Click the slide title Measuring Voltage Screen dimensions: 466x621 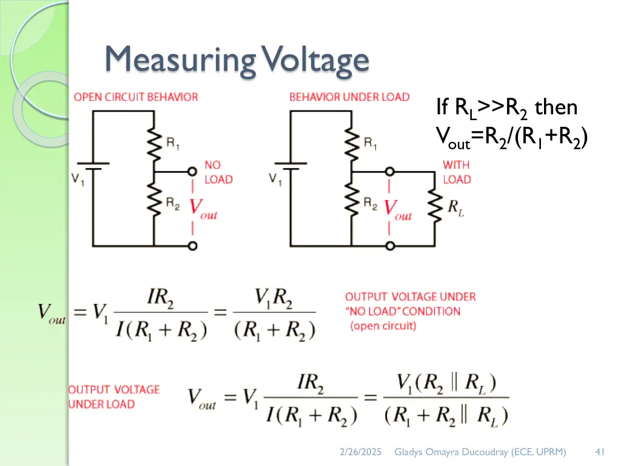[x=237, y=61]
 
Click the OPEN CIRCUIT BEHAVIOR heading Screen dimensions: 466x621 [x=136, y=97]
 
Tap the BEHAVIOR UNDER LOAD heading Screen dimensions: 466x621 [x=349, y=97]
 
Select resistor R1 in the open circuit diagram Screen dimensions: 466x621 [x=156, y=143]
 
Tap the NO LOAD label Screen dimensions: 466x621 [x=218, y=172]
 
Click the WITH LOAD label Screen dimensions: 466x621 [x=457, y=172]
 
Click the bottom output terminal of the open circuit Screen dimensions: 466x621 [x=193, y=246]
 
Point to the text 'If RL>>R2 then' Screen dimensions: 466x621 [x=506, y=108]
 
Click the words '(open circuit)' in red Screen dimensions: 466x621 [x=383, y=326]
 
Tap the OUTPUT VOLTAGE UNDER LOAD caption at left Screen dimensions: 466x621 [x=114, y=397]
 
